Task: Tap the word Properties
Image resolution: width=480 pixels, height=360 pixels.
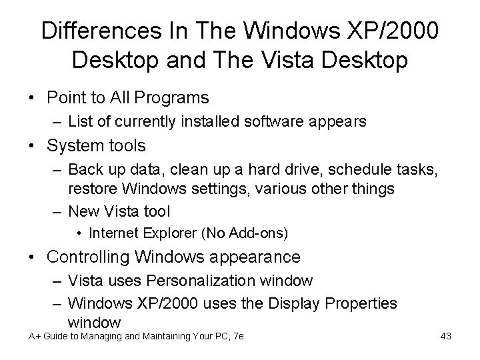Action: pos(359,303)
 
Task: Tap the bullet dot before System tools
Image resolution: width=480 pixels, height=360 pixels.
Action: pos(33,145)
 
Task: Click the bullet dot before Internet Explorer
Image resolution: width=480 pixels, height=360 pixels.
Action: pos(79,233)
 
